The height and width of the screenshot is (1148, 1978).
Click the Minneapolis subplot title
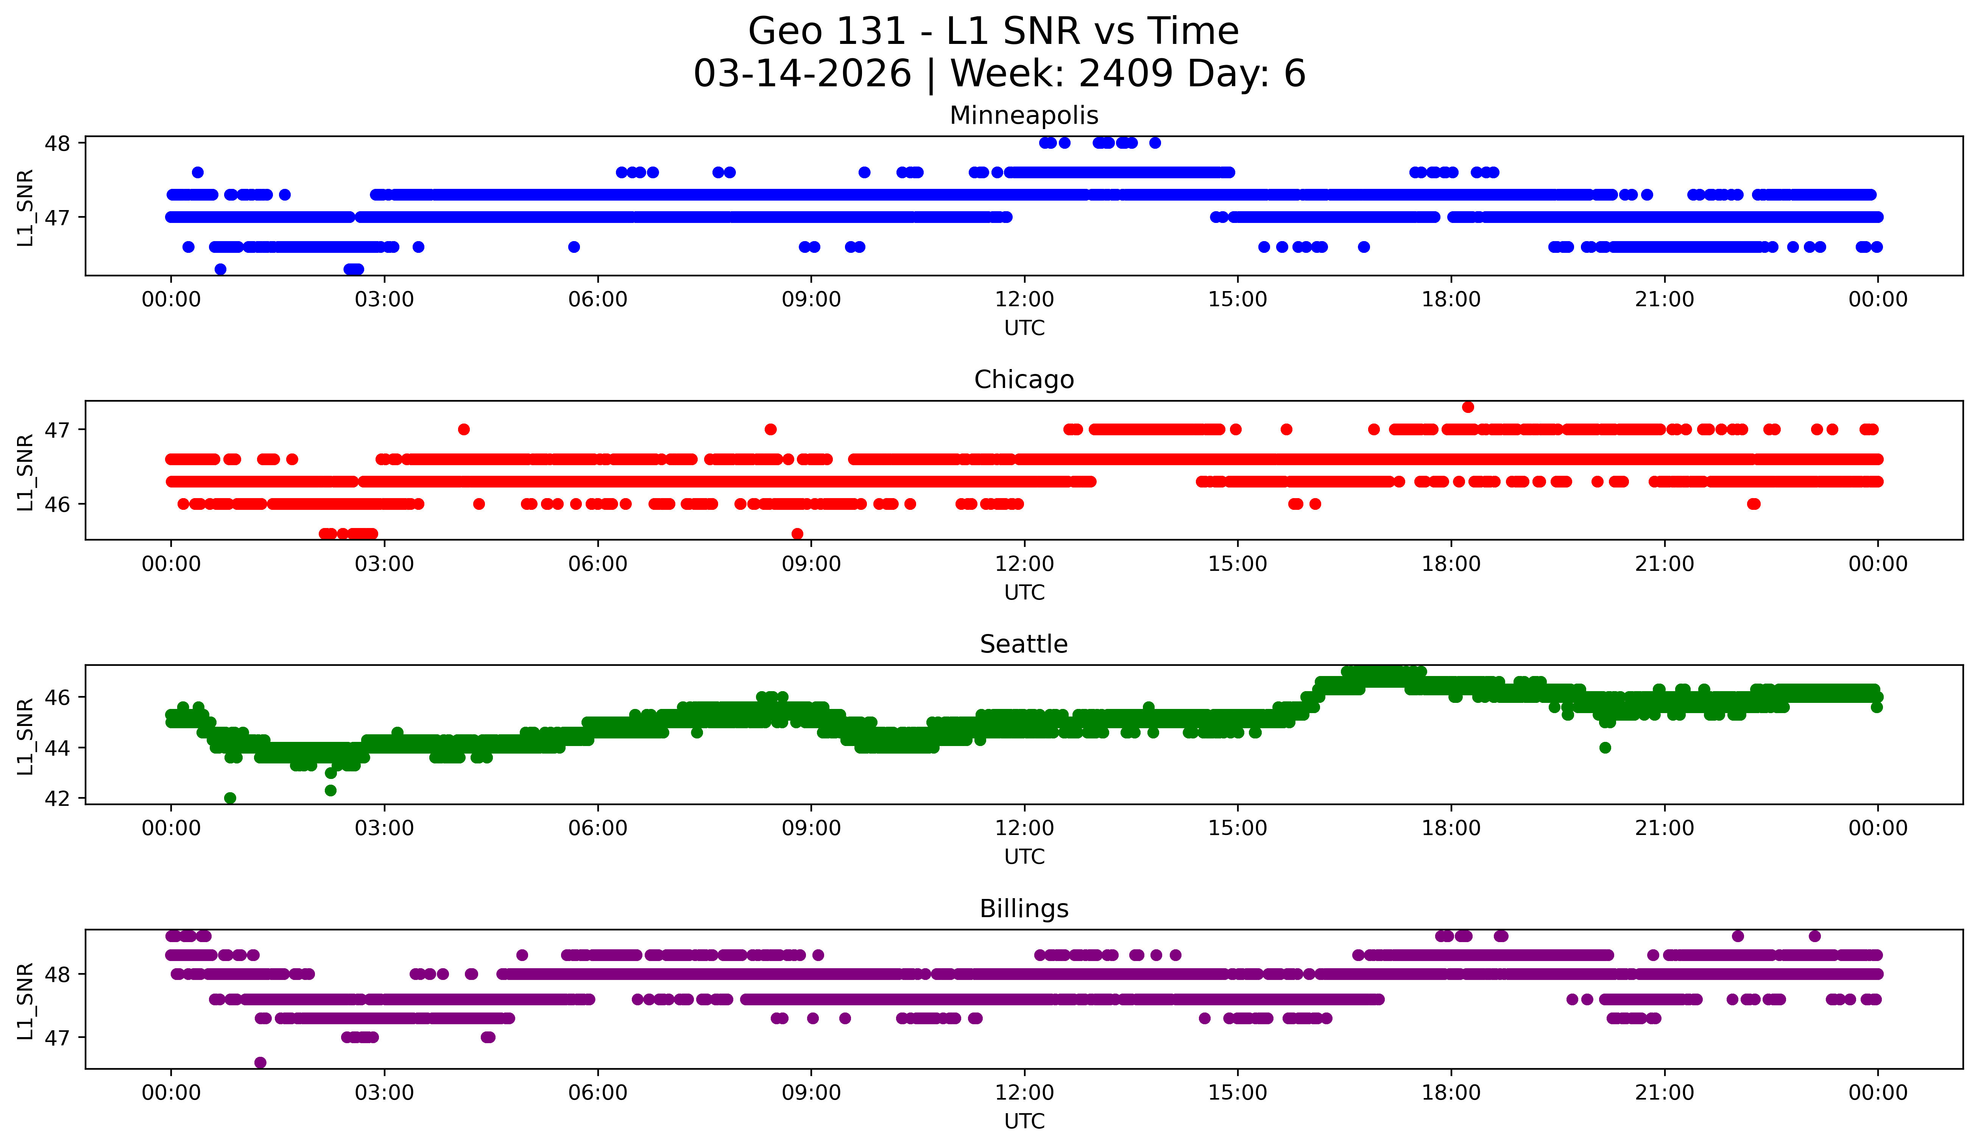pos(1024,115)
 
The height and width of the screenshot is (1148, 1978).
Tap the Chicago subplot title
pos(1024,380)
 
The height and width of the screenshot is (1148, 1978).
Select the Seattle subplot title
pos(1024,644)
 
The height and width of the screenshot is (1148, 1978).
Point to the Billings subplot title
pos(1024,909)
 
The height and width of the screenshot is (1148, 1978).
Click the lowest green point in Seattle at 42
pos(230,798)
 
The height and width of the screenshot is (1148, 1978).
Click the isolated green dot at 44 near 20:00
pos(1605,748)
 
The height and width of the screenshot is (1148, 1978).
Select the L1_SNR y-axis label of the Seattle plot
pos(25,736)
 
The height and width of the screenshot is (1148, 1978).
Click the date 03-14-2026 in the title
pos(802,74)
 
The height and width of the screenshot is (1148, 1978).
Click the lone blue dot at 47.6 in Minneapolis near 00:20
pos(198,173)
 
